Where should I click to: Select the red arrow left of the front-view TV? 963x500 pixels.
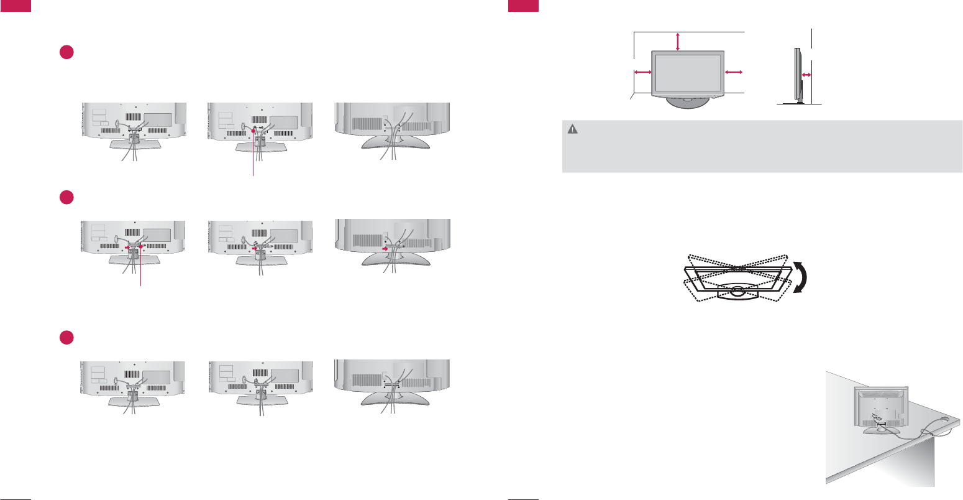[642, 72]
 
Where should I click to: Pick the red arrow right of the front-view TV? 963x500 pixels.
[734, 72]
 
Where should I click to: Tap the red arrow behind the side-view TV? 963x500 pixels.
[806, 75]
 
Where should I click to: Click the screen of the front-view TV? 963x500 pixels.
[687, 72]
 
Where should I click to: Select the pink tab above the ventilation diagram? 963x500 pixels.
[523, 5]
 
